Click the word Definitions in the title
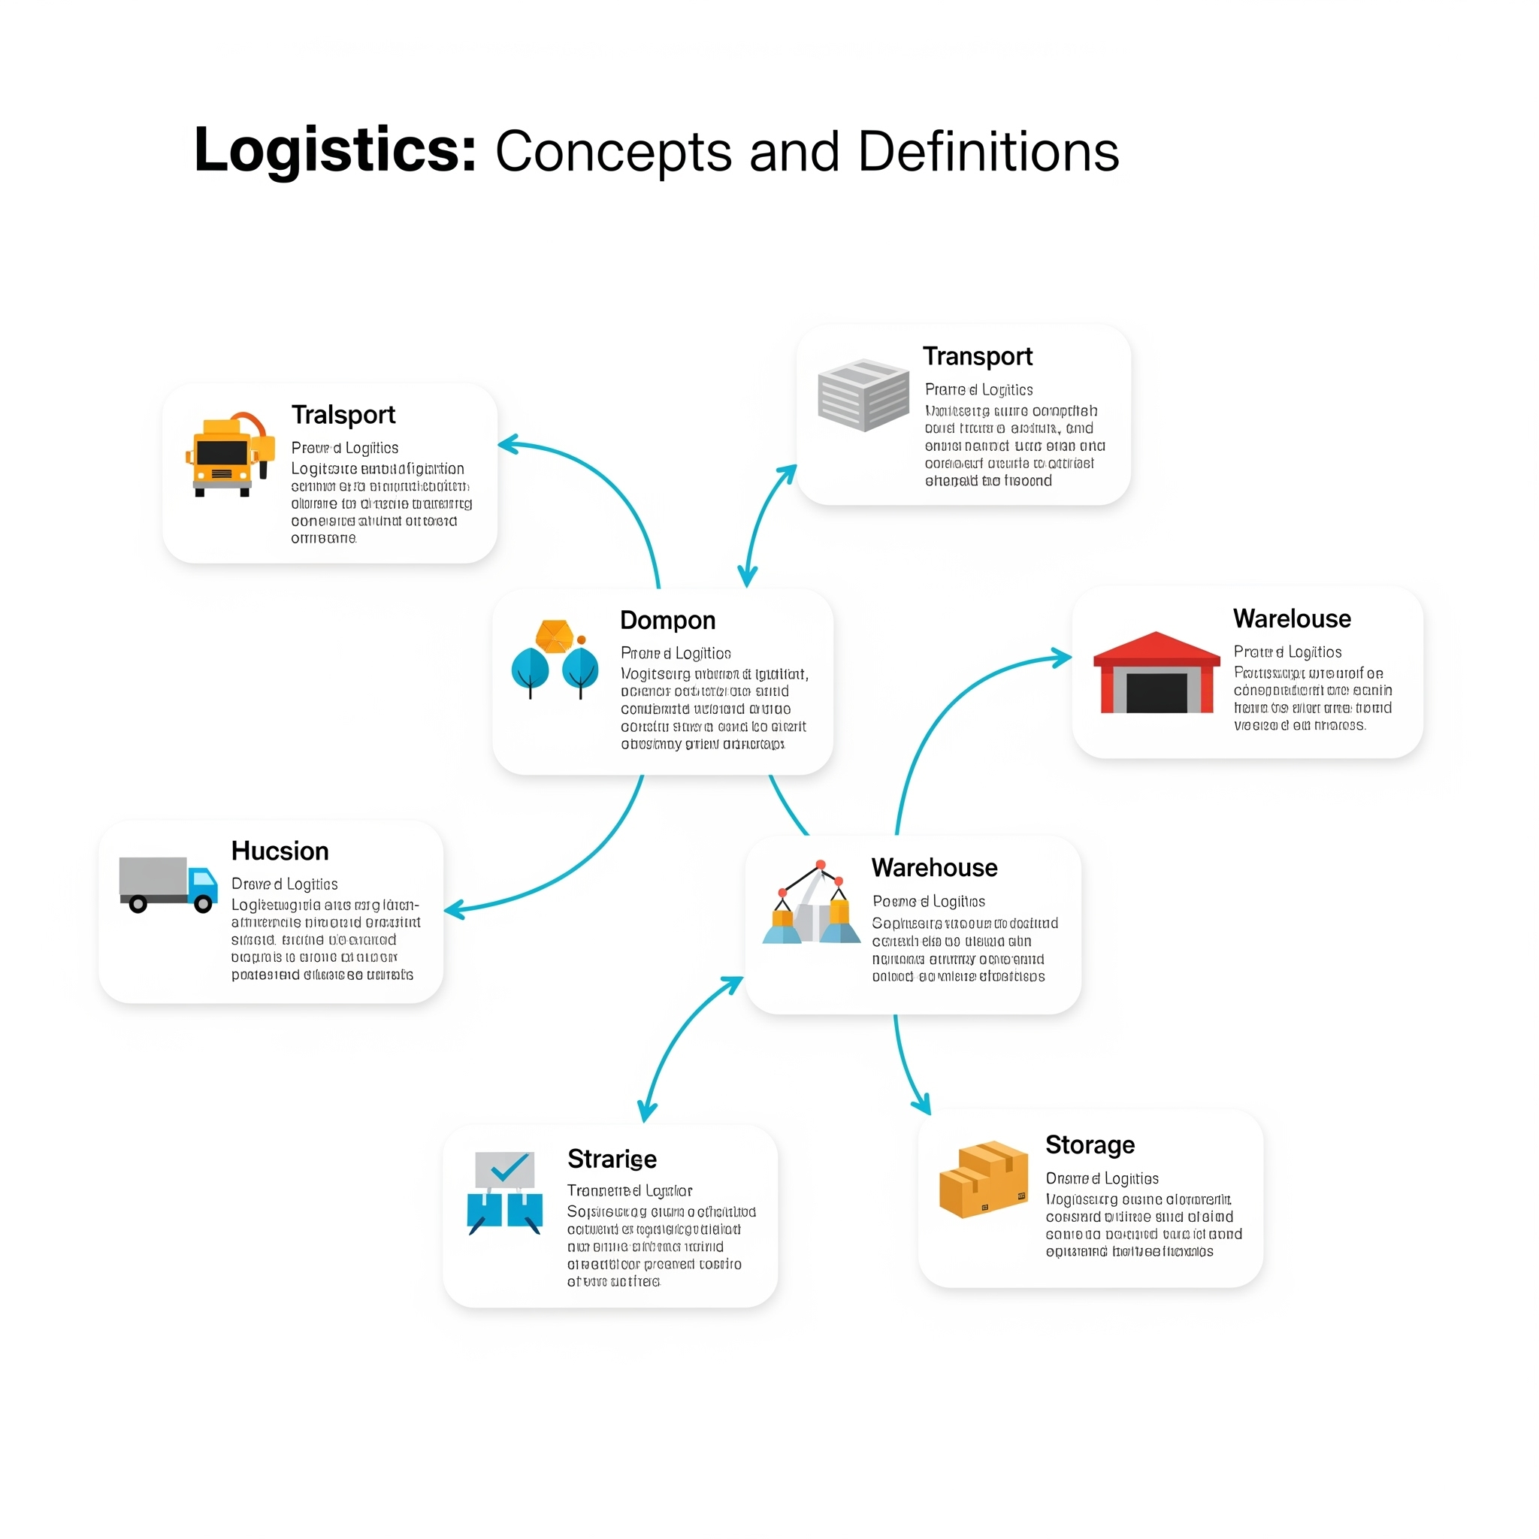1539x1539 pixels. [x=987, y=151]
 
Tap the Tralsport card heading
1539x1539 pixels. [x=343, y=415]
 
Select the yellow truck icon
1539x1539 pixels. [x=227, y=455]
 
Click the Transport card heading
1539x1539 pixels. [x=978, y=356]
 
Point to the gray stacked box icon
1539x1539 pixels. [x=863, y=395]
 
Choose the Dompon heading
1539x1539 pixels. [x=667, y=620]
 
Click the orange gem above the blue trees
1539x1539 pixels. [x=555, y=636]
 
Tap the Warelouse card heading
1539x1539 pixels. [x=1292, y=618]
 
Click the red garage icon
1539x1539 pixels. [x=1157, y=673]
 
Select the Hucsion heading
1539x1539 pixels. [x=280, y=851]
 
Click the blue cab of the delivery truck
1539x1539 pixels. [x=204, y=884]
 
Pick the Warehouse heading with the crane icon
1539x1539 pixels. [x=934, y=867]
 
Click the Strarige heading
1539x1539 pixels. [x=612, y=1159]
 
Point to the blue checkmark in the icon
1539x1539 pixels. [x=509, y=1168]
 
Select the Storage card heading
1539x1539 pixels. [x=1090, y=1144]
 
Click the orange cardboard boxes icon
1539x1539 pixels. [x=984, y=1180]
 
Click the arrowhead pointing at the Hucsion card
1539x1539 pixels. [x=452, y=910]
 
